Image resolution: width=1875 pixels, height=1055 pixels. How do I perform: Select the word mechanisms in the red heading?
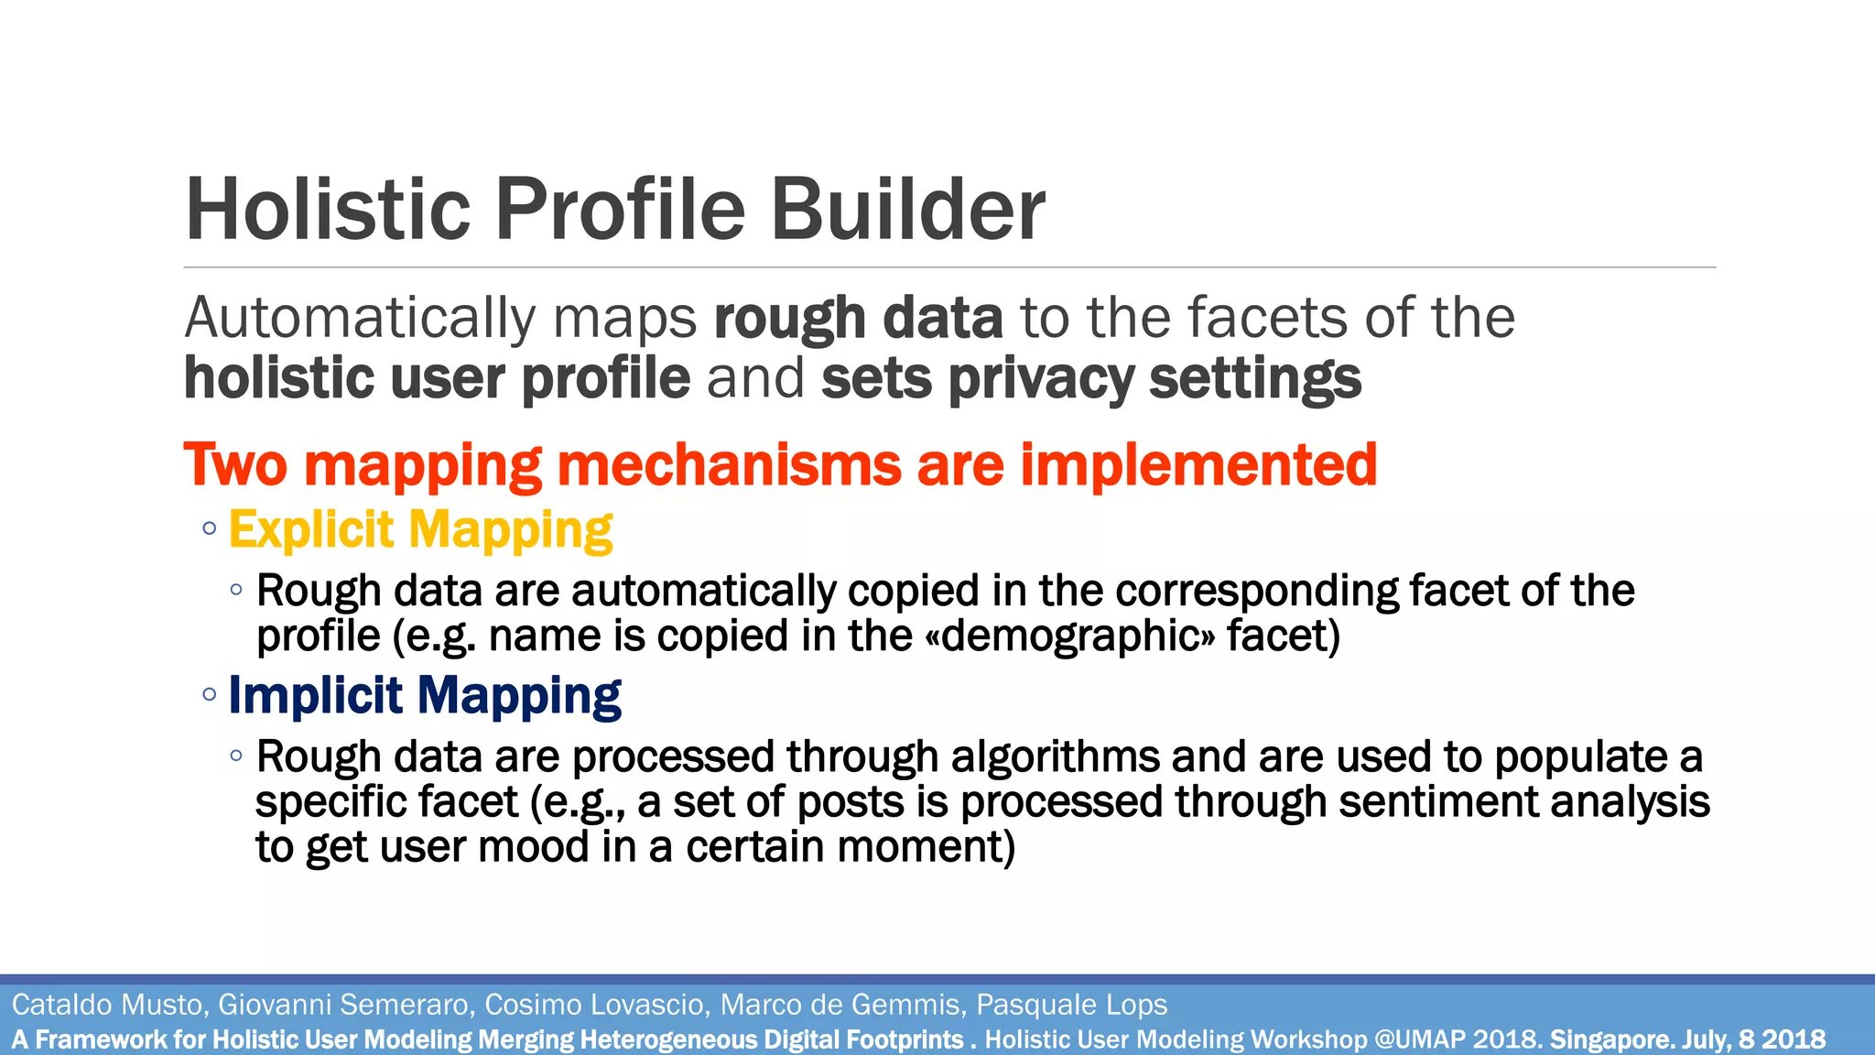[729, 464]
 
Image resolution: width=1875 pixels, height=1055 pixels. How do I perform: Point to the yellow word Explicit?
[311, 529]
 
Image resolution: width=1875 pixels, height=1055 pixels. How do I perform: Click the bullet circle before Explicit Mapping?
[210, 528]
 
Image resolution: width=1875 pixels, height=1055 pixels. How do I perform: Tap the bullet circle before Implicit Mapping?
[210, 694]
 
